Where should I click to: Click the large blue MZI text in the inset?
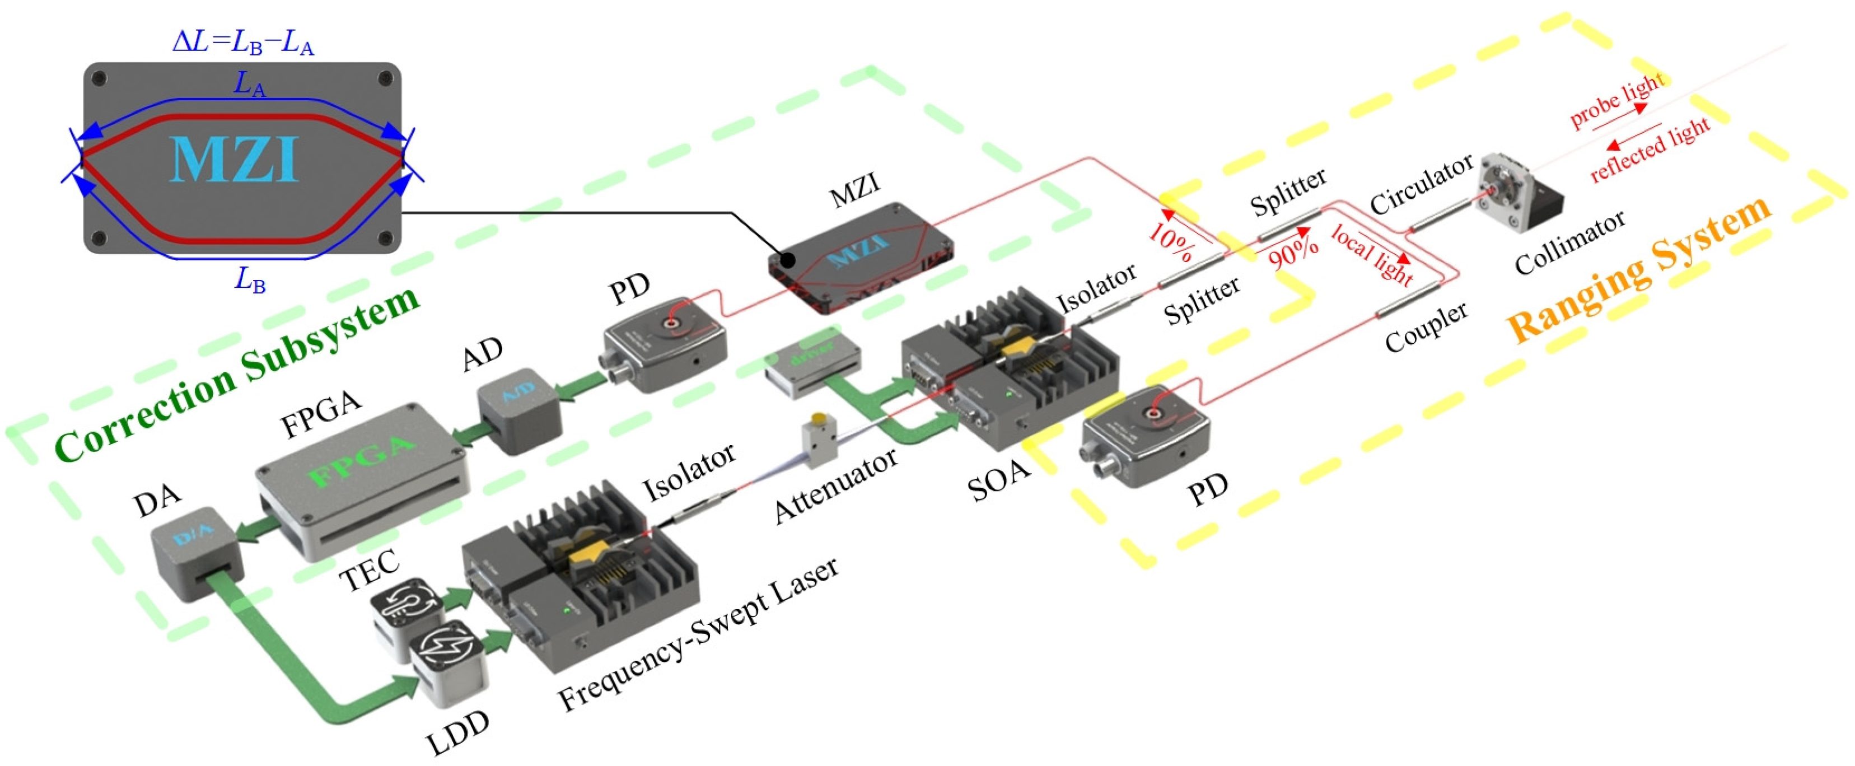[x=235, y=160]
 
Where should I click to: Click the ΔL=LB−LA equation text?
[x=244, y=42]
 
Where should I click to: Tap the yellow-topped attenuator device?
[x=820, y=443]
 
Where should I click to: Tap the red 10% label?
[x=1171, y=242]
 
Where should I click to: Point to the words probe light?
[x=1616, y=101]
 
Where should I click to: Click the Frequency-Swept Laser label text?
[x=699, y=633]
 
